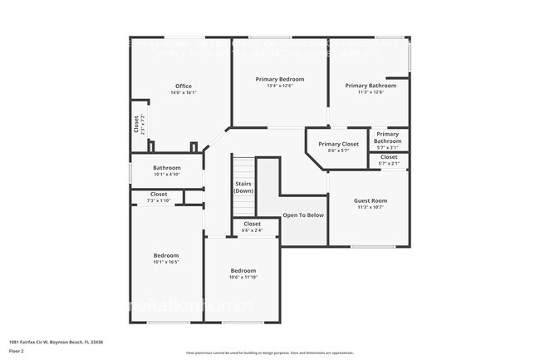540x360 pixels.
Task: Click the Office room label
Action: pos(183,86)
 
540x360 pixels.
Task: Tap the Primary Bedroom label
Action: pos(279,78)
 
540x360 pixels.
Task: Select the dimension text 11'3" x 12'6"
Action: pos(371,92)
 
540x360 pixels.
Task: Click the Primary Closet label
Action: pos(338,144)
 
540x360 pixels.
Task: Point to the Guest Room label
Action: pos(370,200)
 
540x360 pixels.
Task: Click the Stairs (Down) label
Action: pos(243,188)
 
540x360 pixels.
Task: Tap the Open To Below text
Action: pos(303,215)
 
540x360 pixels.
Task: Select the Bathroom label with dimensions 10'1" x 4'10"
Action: pos(167,168)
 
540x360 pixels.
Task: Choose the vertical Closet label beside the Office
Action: pos(137,124)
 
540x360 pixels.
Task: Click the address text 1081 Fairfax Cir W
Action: pos(56,342)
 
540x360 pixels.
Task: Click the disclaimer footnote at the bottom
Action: pos(269,353)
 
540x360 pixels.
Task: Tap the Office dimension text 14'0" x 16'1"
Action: pos(183,93)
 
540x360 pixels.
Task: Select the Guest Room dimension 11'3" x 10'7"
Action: pos(370,208)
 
